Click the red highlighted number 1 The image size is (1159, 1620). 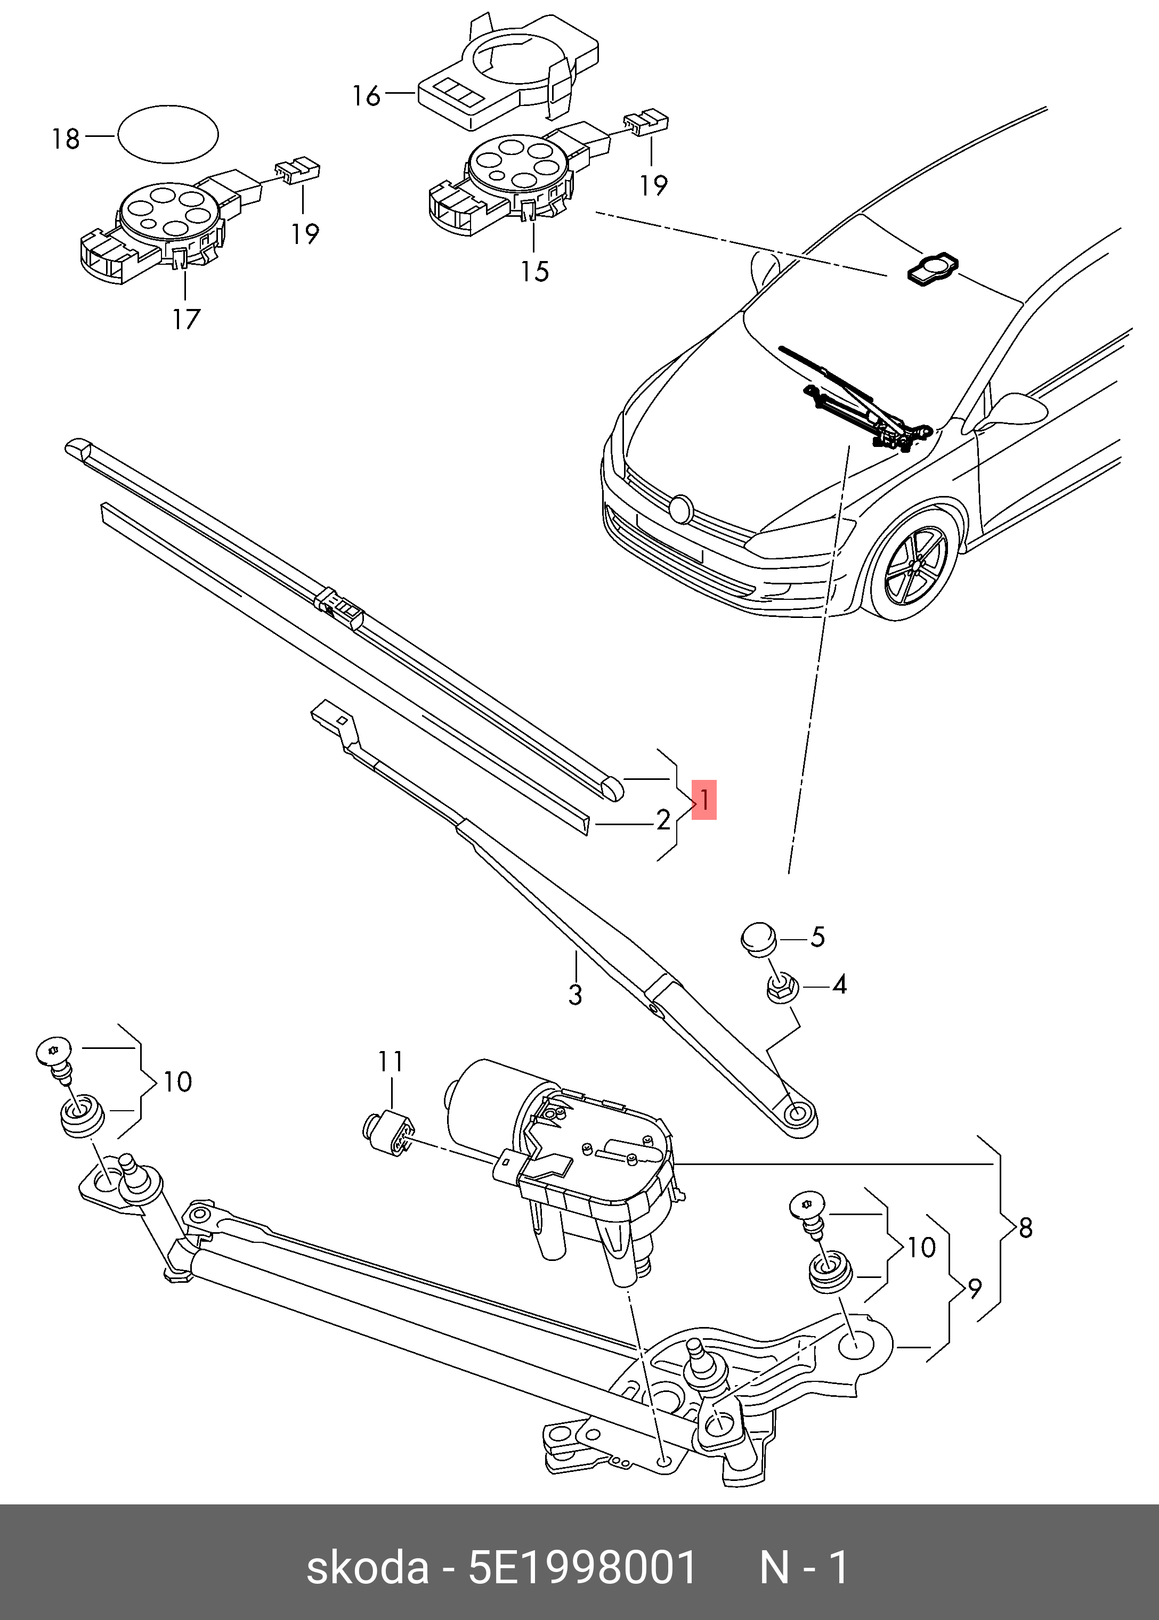[704, 800]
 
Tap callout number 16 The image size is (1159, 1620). [367, 95]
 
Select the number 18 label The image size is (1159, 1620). [66, 139]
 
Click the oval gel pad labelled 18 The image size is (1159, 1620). [168, 134]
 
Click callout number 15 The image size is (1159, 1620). [534, 271]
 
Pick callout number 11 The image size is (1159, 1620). [391, 1062]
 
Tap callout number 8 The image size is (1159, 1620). [1026, 1228]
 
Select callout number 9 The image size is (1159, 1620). [975, 1288]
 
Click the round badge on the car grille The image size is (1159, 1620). [681, 508]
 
